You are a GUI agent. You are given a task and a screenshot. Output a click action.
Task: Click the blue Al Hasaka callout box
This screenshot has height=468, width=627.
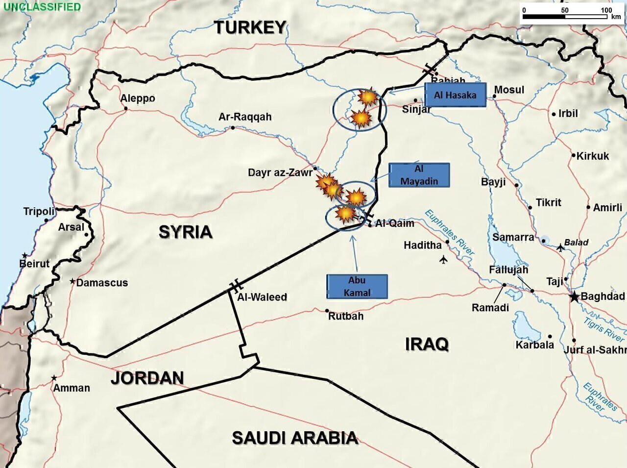coord(455,95)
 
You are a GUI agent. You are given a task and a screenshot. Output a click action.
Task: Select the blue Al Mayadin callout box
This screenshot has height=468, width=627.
coord(419,175)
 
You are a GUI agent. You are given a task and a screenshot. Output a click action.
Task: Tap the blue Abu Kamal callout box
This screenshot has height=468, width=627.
coord(357,286)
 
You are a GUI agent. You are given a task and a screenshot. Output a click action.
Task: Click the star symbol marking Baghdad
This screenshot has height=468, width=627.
coord(574,296)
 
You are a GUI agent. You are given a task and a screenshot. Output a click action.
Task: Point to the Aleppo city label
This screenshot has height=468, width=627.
coord(138,98)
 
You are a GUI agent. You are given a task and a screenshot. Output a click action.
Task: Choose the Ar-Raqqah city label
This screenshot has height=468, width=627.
coord(245,117)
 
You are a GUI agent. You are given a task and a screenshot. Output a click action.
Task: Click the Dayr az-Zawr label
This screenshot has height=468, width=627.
coord(280,172)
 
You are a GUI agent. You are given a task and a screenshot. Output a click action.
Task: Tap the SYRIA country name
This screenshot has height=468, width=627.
coord(185,232)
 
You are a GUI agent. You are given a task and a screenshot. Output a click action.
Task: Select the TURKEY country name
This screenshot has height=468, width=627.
coord(250,27)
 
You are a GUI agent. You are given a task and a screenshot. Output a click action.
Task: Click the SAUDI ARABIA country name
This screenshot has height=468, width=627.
coord(294,438)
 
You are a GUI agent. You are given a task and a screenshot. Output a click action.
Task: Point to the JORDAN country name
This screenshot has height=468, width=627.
coord(147,378)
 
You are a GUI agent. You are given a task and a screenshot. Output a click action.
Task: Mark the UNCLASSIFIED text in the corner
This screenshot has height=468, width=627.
coord(42,7)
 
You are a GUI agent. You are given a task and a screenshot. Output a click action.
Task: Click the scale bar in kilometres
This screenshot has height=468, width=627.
coord(565,17)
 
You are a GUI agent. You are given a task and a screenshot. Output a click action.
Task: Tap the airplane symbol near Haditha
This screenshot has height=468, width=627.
coord(443,259)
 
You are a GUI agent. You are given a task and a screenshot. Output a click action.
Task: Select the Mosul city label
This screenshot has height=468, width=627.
coord(509,90)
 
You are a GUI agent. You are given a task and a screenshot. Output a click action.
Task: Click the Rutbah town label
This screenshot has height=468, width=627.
coord(346,316)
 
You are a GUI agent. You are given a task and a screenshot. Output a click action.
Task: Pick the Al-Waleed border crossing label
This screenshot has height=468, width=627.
coord(262,297)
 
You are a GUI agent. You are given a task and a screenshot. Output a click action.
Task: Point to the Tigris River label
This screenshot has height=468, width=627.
coord(603,329)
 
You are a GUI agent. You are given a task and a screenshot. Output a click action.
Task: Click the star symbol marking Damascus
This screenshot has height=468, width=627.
coord(72,282)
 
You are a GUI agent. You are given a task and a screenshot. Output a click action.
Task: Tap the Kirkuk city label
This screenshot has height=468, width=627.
coord(593,156)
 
